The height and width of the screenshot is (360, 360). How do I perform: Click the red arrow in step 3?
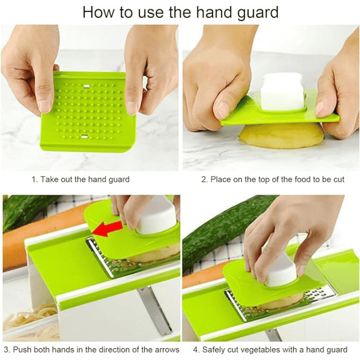(107, 228)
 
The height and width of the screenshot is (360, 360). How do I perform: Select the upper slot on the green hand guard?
(86, 86)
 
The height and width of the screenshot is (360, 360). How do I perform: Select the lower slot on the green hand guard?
(84, 137)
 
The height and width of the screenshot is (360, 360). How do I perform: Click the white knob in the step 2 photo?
(282, 91)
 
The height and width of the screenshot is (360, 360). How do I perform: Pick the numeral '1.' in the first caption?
(34, 179)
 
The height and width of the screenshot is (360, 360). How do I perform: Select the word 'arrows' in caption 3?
(167, 349)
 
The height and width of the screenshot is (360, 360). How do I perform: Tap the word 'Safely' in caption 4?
(213, 350)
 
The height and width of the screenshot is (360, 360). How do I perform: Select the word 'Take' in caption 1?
(49, 179)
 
